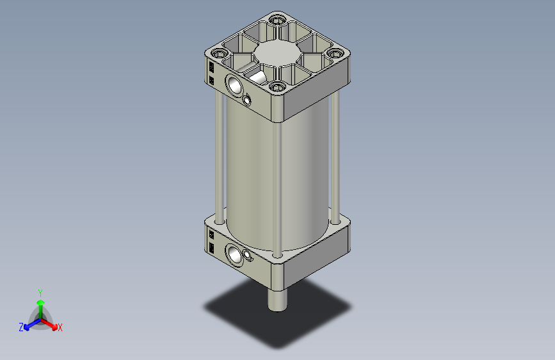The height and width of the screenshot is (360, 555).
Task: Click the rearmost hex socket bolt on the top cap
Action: (x=277, y=19)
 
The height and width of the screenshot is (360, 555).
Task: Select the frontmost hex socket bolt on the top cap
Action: (x=277, y=86)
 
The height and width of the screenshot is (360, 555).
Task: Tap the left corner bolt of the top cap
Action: (x=220, y=54)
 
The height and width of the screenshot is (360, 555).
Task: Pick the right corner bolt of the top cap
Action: (x=335, y=54)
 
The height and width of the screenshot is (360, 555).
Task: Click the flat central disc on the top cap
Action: (x=277, y=53)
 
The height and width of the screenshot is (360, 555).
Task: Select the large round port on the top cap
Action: (x=234, y=85)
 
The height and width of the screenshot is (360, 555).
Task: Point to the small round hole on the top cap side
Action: (x=247, y=101)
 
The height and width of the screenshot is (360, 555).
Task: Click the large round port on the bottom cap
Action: (x=234, y=255)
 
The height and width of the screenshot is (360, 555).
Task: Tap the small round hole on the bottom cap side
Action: (x=248, y=255)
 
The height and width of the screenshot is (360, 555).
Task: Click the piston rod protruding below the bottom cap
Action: (x=278, y=300)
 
